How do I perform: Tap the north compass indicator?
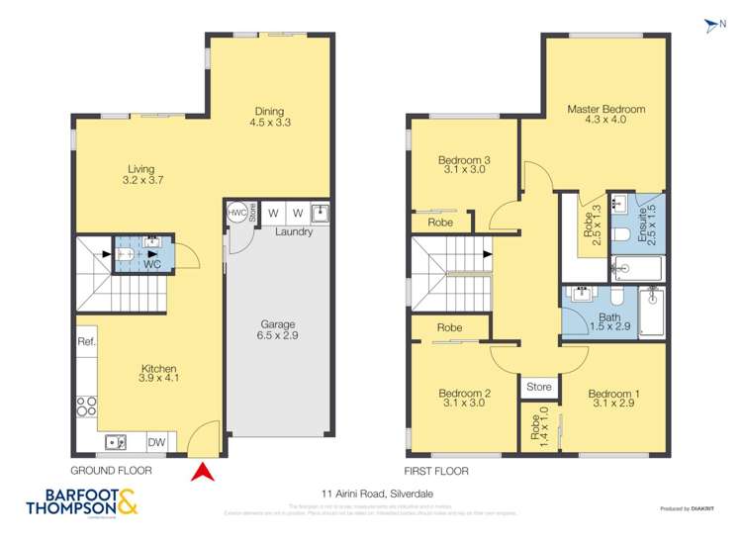(708, 25)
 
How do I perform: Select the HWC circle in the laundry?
(237, 213)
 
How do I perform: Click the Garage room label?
(264, 330)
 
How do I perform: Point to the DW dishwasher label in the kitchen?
(156, 442)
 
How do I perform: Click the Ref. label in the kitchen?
(86, 341)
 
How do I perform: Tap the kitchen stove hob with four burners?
(86, 406)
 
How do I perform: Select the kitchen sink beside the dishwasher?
(116, 442)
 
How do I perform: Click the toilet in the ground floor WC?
(127, 253)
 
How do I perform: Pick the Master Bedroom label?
(605, 110)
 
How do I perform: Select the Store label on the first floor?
(539, 387)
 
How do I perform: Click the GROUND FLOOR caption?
(111, 471)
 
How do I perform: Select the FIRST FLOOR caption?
(436, 472)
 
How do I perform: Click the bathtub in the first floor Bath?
(652, 313)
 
